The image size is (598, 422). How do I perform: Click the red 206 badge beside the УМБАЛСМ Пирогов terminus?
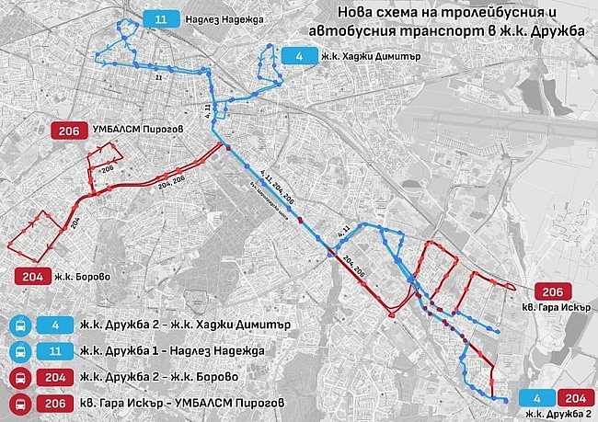[68, 131]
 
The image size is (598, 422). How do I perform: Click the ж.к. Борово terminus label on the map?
[84, 276]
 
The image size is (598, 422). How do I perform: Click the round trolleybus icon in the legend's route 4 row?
[17, 325]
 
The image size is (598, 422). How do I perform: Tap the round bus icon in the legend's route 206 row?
[17, 403]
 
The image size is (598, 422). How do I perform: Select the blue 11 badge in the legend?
[55, 350]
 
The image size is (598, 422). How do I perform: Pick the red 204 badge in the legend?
[55, 377]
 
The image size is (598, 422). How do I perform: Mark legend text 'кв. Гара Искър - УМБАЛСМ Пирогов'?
[184, 403]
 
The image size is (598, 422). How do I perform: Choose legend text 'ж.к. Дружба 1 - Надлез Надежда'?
[173, 350]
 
